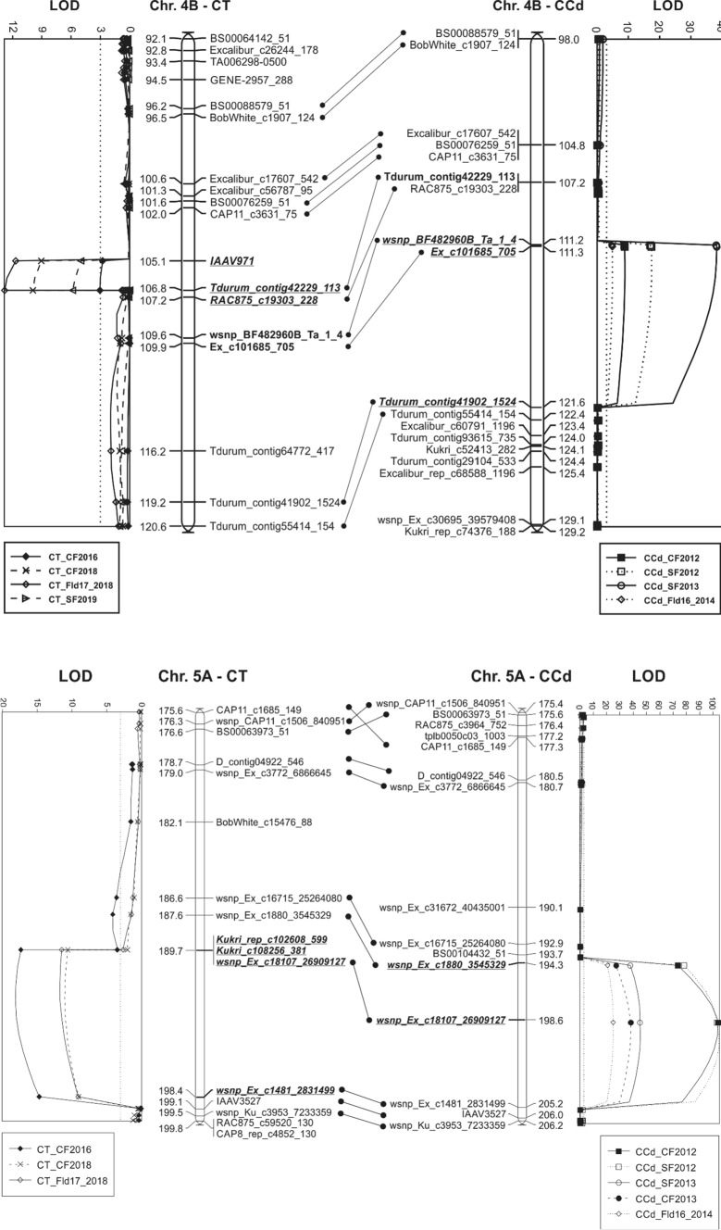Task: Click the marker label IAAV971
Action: point(230,262)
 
